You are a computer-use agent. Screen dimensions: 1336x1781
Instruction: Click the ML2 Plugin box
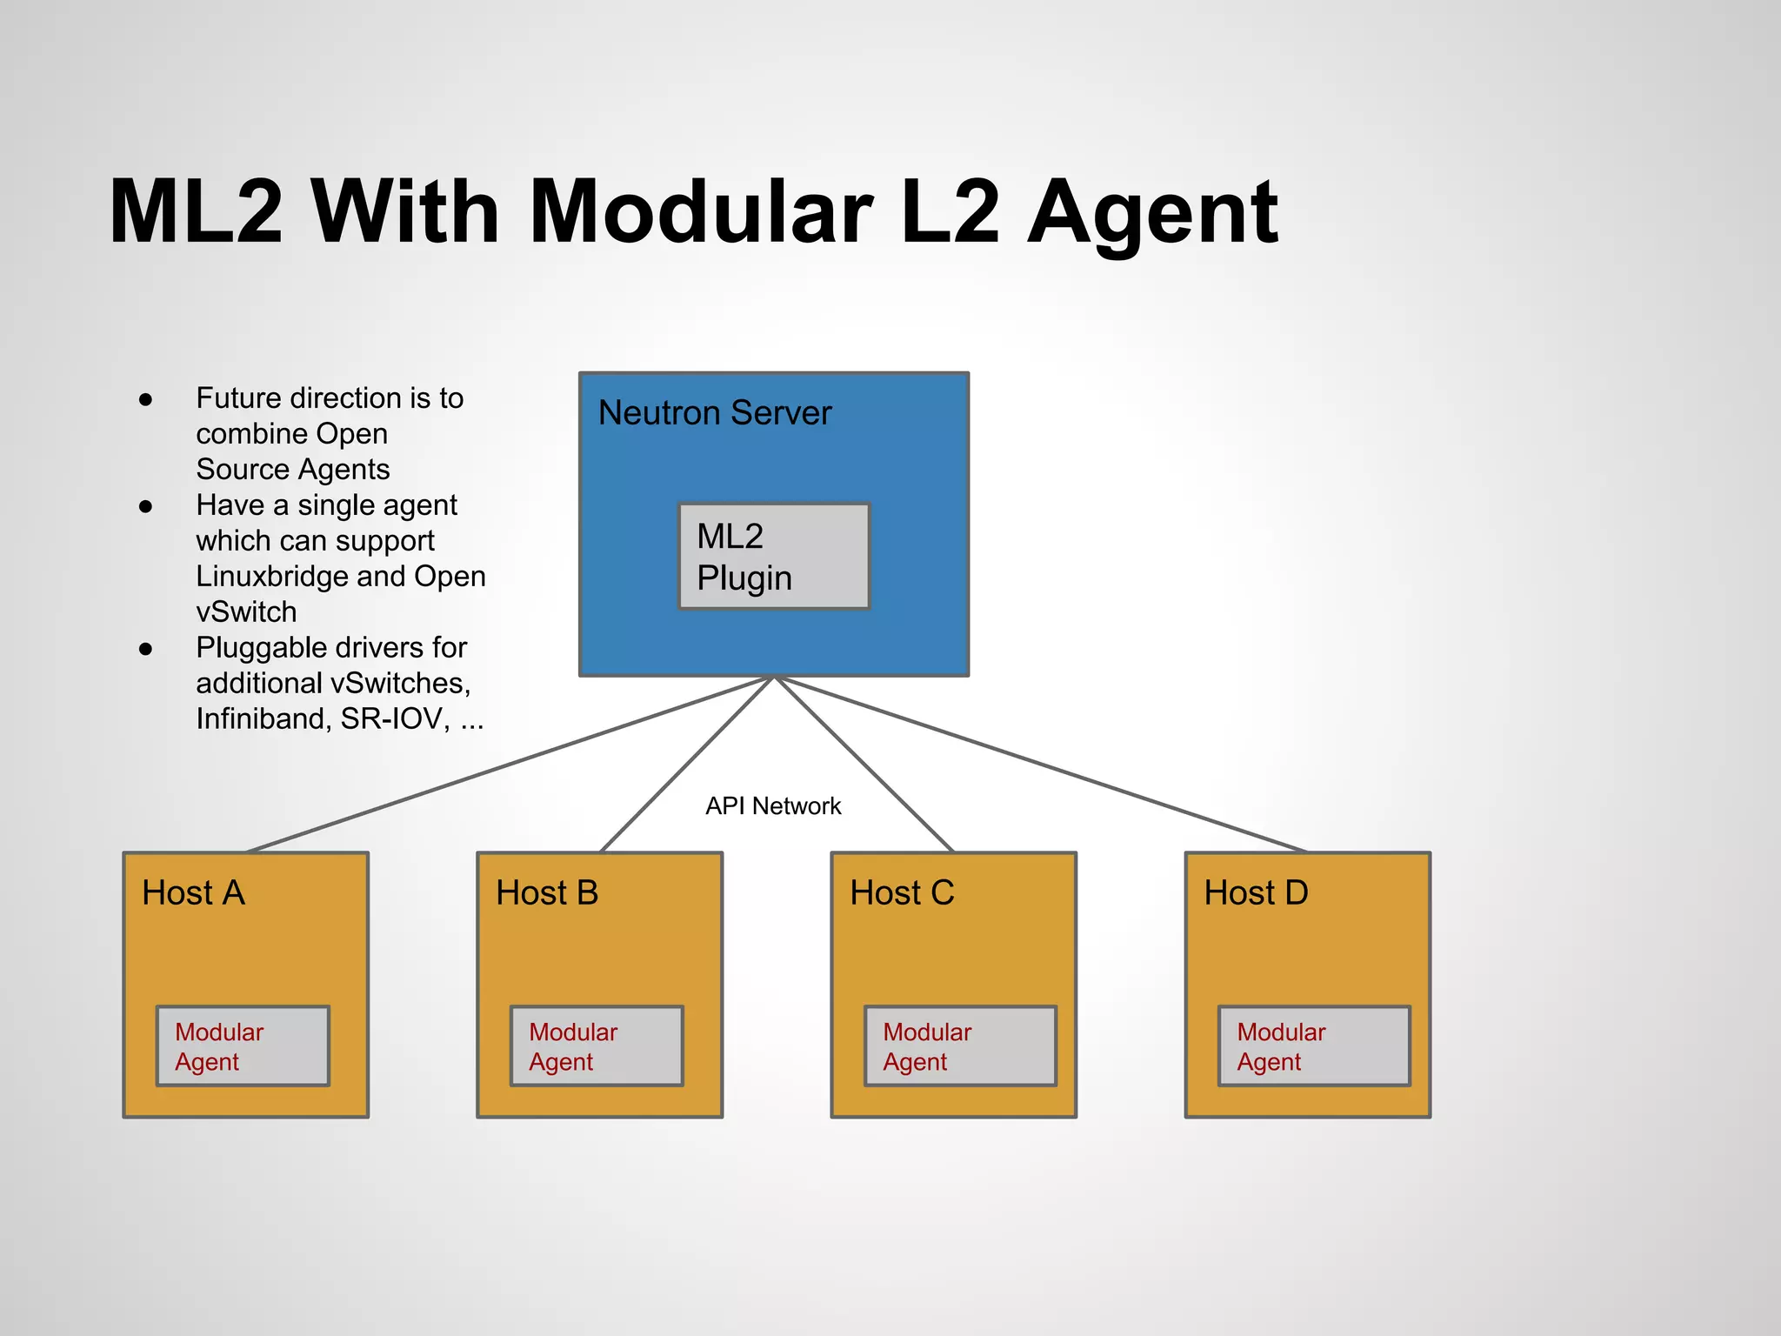[x=773, y=556]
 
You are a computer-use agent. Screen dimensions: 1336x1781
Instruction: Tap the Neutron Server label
[x=715, y=412]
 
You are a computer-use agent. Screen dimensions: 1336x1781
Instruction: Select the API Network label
[x=773, y=805]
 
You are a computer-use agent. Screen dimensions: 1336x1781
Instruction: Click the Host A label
[x=193, y=892]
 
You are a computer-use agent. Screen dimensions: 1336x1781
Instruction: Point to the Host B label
[x=547, y=892]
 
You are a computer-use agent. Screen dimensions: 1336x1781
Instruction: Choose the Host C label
[x=902, y=892]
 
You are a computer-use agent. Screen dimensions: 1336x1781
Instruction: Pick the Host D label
[x=1256, y=892]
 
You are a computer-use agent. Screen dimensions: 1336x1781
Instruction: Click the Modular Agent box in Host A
[x=243, y=1045]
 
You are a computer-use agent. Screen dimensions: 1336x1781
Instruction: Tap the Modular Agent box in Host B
[x=597, y=1045]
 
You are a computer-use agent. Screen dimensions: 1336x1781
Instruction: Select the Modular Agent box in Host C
[x=960, y=1045]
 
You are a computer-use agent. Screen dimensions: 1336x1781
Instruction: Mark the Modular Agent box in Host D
[x=1314, y=1045]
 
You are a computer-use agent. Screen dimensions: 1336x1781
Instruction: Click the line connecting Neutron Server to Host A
[x=511, y=764]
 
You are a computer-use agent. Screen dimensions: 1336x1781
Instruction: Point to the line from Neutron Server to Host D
[x=1040, y=764]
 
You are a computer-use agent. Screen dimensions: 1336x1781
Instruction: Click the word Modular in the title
[x=701, y=211]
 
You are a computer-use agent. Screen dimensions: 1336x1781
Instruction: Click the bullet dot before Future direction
[x=146, y=399]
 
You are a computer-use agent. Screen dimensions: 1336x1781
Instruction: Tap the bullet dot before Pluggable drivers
[x=146, y=649]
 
